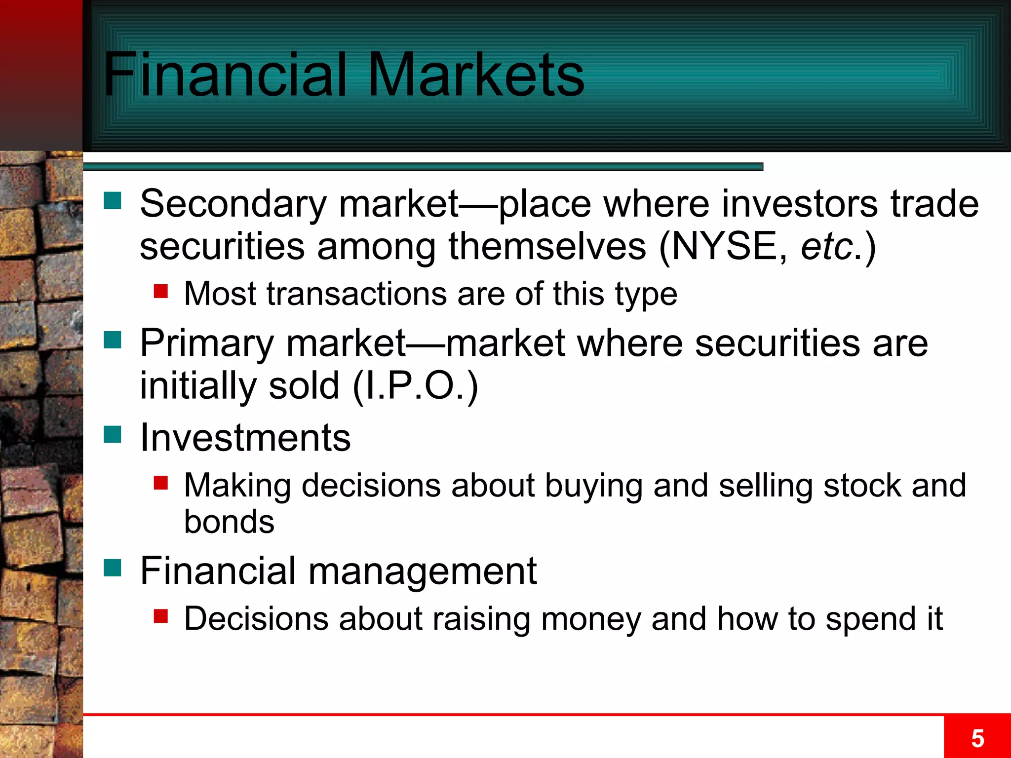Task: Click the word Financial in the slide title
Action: click(x=225, y=75)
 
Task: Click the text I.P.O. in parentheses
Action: click(x=415, y=386)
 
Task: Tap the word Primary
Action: click(x=206, y=343)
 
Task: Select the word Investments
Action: click(x=245, y=438)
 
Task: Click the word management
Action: click(x=423, y=571)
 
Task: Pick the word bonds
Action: click(x=229, y=522)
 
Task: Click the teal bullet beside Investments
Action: click(x=113, y=435)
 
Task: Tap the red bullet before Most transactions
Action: click(x=161, y=291)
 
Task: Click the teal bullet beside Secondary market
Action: click(x=113, y=201)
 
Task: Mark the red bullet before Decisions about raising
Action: click(x=161, y=616)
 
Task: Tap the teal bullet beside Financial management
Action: click(x=113, y=568)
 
